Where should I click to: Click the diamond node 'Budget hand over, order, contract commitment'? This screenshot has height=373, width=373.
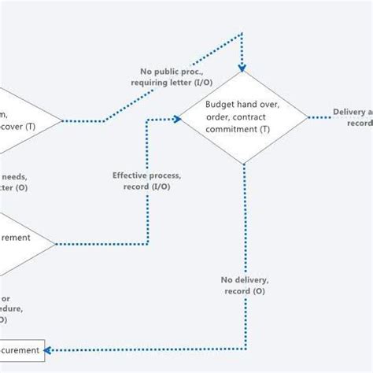click(x=244, y=118)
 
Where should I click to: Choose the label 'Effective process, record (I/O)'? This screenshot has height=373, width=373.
click(x=146, y=181)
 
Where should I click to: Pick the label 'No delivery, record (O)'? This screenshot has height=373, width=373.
click(x=245, y=285)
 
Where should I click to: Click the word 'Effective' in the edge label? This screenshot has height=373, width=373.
click(x=129, y=175)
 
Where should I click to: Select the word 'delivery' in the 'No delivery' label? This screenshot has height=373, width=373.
click(x=252, y=279)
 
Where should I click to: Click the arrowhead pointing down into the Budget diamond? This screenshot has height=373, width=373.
click(x=243, y=67)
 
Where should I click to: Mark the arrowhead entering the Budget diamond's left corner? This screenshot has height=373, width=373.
click(x=177, y=119)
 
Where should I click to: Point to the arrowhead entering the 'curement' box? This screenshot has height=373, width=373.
click(x=50, y=349)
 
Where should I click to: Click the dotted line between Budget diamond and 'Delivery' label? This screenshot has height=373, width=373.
click(x=319, y=118)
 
